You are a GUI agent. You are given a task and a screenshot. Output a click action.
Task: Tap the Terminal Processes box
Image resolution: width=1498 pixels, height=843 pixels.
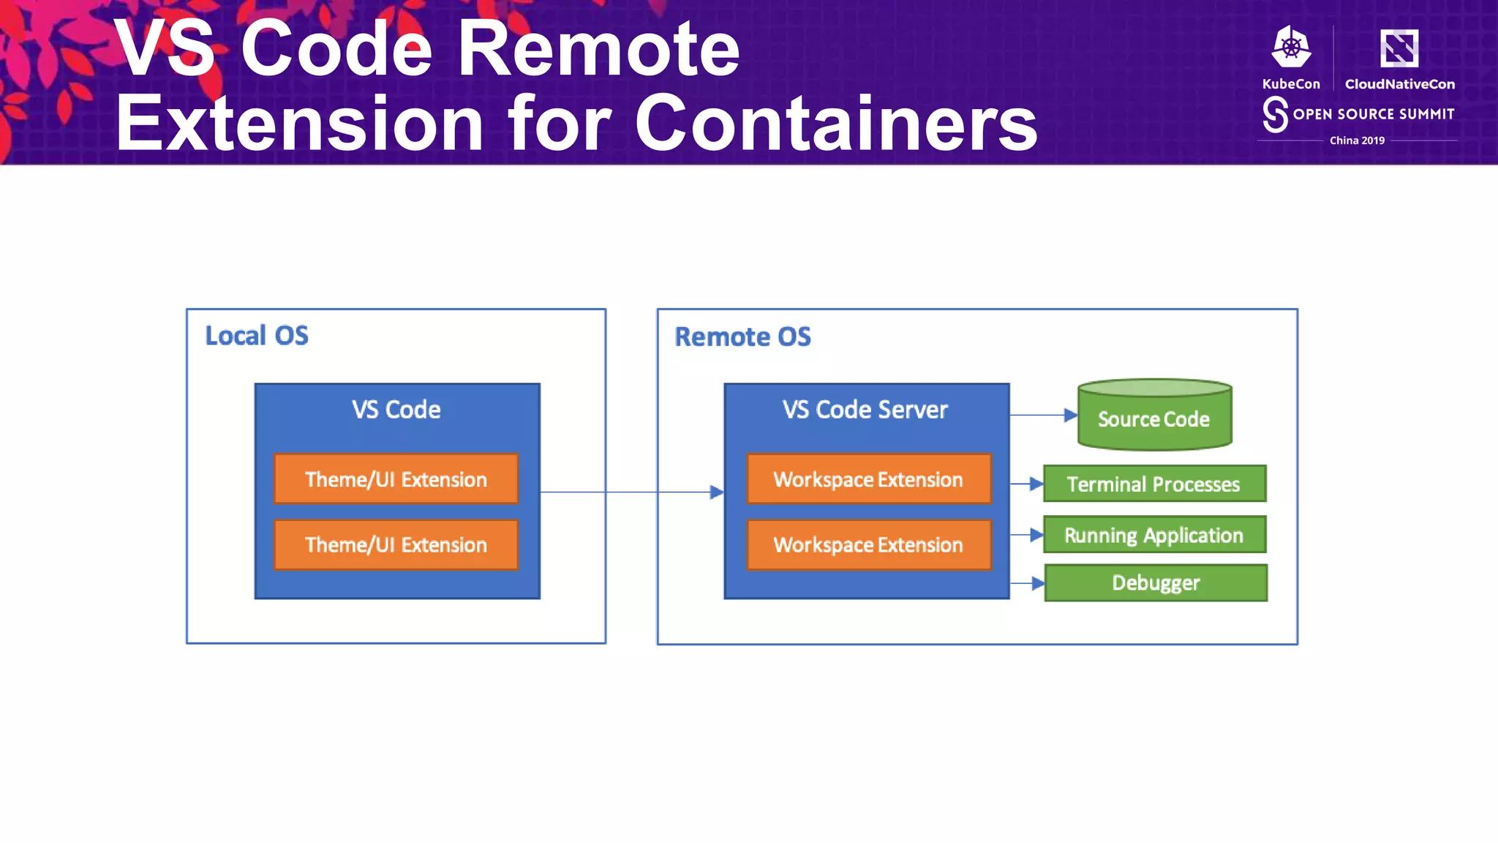(1154, 484)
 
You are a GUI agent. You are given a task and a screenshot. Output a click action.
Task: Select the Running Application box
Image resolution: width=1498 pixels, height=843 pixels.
(1154, 535)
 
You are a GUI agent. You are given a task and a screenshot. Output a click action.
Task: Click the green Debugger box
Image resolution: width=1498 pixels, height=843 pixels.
(1156, 582)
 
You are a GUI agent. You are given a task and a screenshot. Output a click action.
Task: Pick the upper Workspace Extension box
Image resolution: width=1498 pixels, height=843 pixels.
(868, 479)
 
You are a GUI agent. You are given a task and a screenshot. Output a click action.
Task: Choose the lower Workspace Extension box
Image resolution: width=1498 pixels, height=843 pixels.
(868, 544)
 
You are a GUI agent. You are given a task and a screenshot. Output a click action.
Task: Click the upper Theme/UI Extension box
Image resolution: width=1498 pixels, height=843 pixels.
(396, 479)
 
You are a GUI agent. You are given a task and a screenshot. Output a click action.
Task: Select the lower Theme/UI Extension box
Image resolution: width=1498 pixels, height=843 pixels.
(396, 544)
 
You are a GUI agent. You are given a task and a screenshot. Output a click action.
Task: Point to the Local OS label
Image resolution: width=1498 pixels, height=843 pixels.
(257, 336)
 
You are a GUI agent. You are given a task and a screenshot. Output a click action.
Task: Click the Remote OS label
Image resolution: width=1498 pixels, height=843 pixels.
(742, 337)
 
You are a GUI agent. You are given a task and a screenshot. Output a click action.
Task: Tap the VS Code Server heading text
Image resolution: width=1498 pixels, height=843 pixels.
(865, 409)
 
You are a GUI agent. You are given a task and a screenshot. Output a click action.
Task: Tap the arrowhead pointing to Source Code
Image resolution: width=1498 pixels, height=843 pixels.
(1070, 415)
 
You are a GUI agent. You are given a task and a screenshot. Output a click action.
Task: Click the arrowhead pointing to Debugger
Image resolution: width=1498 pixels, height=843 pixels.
(1037, 583)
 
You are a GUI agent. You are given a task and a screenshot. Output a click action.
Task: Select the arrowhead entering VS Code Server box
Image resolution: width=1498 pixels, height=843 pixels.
(717, 492)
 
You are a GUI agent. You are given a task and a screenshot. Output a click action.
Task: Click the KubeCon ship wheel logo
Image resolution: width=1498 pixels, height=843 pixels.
(1291, 47)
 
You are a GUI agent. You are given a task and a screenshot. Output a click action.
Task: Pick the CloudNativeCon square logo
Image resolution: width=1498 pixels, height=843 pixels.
(1399, 48)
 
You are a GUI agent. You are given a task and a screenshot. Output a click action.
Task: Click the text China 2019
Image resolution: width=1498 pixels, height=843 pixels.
(1357, 140)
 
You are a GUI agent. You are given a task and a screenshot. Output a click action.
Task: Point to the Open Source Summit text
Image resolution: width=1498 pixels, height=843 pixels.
(1373, 114)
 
